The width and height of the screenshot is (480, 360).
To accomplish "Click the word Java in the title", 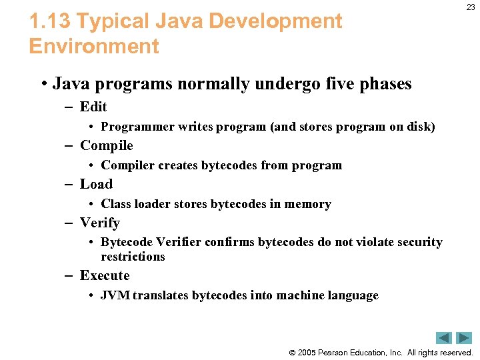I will (x=178, y=21).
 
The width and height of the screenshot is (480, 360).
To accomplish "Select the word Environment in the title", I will (x=94, y=47).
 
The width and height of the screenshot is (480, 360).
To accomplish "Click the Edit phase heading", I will (x=93, y=107).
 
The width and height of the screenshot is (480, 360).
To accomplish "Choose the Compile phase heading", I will (x=107, y=145).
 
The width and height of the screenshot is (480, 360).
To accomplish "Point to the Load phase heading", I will (x=96, y=184).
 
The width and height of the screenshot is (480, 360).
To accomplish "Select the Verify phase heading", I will (x=99, y=223).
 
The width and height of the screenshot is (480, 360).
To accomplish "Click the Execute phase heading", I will (x=105, y=275).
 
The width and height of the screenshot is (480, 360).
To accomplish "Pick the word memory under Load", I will (x=307, y=204).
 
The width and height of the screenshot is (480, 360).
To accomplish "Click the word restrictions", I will (x=133, y=257).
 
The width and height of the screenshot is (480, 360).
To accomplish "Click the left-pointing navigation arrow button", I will (x=444, y=338).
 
